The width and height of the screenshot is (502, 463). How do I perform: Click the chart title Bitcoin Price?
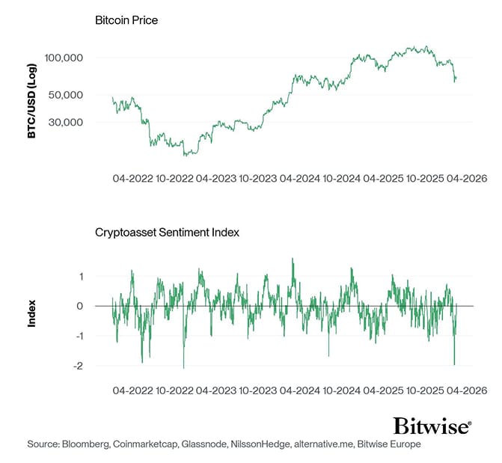[x=126, y=20]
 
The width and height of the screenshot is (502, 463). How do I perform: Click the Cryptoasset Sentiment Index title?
[x=167, y=232]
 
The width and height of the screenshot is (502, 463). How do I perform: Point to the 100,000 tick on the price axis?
[x=85, y=58]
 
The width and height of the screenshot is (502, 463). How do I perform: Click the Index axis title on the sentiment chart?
[x=32, y=314]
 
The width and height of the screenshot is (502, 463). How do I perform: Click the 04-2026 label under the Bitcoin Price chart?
[x=467, y=180]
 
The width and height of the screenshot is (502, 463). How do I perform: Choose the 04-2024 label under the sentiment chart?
[x=300, y=390]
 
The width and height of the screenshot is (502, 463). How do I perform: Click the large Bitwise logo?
[x=432, y=426]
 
